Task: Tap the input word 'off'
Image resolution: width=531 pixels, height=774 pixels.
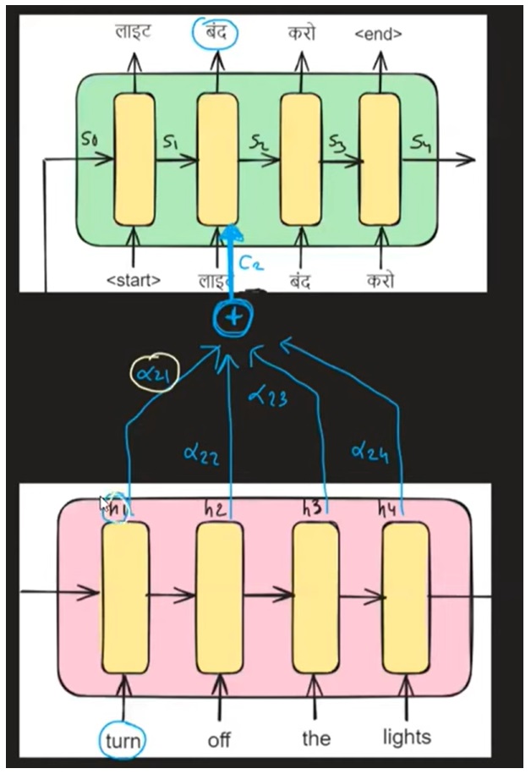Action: tap(219, 740)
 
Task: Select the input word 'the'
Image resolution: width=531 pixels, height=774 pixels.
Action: tap(315, 738)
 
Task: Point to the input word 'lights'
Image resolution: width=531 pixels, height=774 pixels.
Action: tap(406, 738)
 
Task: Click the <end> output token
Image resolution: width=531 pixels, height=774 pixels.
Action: tap(378, 35)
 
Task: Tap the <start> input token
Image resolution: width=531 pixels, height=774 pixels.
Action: tap(134, 280)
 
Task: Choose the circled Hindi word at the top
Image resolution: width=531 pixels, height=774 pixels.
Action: tap(215, 33)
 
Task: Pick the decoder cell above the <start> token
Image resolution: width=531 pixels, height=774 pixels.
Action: tap(134, 159)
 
